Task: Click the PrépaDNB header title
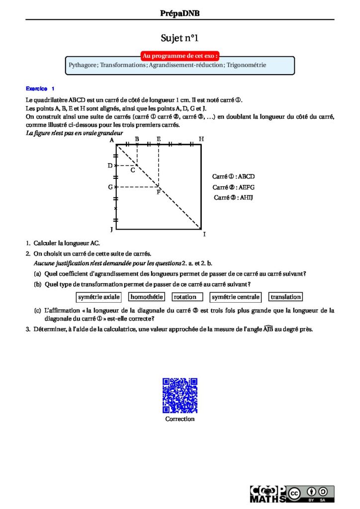[180, 13]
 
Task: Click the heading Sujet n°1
[180, 38]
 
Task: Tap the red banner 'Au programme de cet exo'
[180, 56]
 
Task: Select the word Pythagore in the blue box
[83, 65]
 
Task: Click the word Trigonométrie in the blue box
[246, 65]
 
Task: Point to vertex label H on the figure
[201, 139]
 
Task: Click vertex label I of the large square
[204, 234]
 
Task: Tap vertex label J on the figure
[111, 230]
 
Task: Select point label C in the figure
[133, 170]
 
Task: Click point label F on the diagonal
[158, 192]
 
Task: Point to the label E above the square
[159, 139]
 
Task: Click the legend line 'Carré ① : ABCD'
[233, 176]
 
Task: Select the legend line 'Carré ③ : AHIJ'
[234, 197]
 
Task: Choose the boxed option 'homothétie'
[146, 297]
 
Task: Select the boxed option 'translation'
[285, 297]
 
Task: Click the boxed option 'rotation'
[187, 297]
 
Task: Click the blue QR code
[180, 395]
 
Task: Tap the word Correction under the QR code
[180, 419]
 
